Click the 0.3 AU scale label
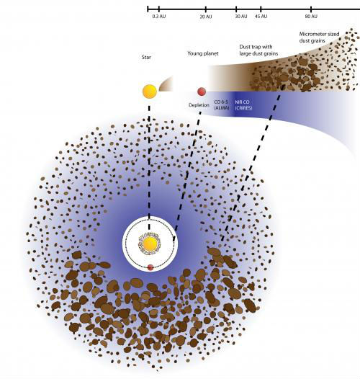[x=159, y=17]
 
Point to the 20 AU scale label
[x=206, y=17]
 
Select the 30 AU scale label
[x=241, y=16]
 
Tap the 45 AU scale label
[x=261, y=16]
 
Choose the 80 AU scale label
[x=311, y=16]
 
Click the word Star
[x=146, y=58]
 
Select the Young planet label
[x=203, y=53]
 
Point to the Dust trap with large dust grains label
[x=258, y=50]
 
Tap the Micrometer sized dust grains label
[x=319, y=37]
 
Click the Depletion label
[x=199, y=105]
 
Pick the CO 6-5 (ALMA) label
[x=221, y=105]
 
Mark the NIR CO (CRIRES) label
[x=243, y=105]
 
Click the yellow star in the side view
[x=150, y=92]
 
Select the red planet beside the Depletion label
[x=202, y=92]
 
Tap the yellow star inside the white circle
[x=150, y=244]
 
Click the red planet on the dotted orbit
[x=150, y=267]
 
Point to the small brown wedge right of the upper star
[x=166, y=84]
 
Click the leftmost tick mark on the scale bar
[x=148, y=9]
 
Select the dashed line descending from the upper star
[x=149, y=168]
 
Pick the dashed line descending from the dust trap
[x=251, y=163]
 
